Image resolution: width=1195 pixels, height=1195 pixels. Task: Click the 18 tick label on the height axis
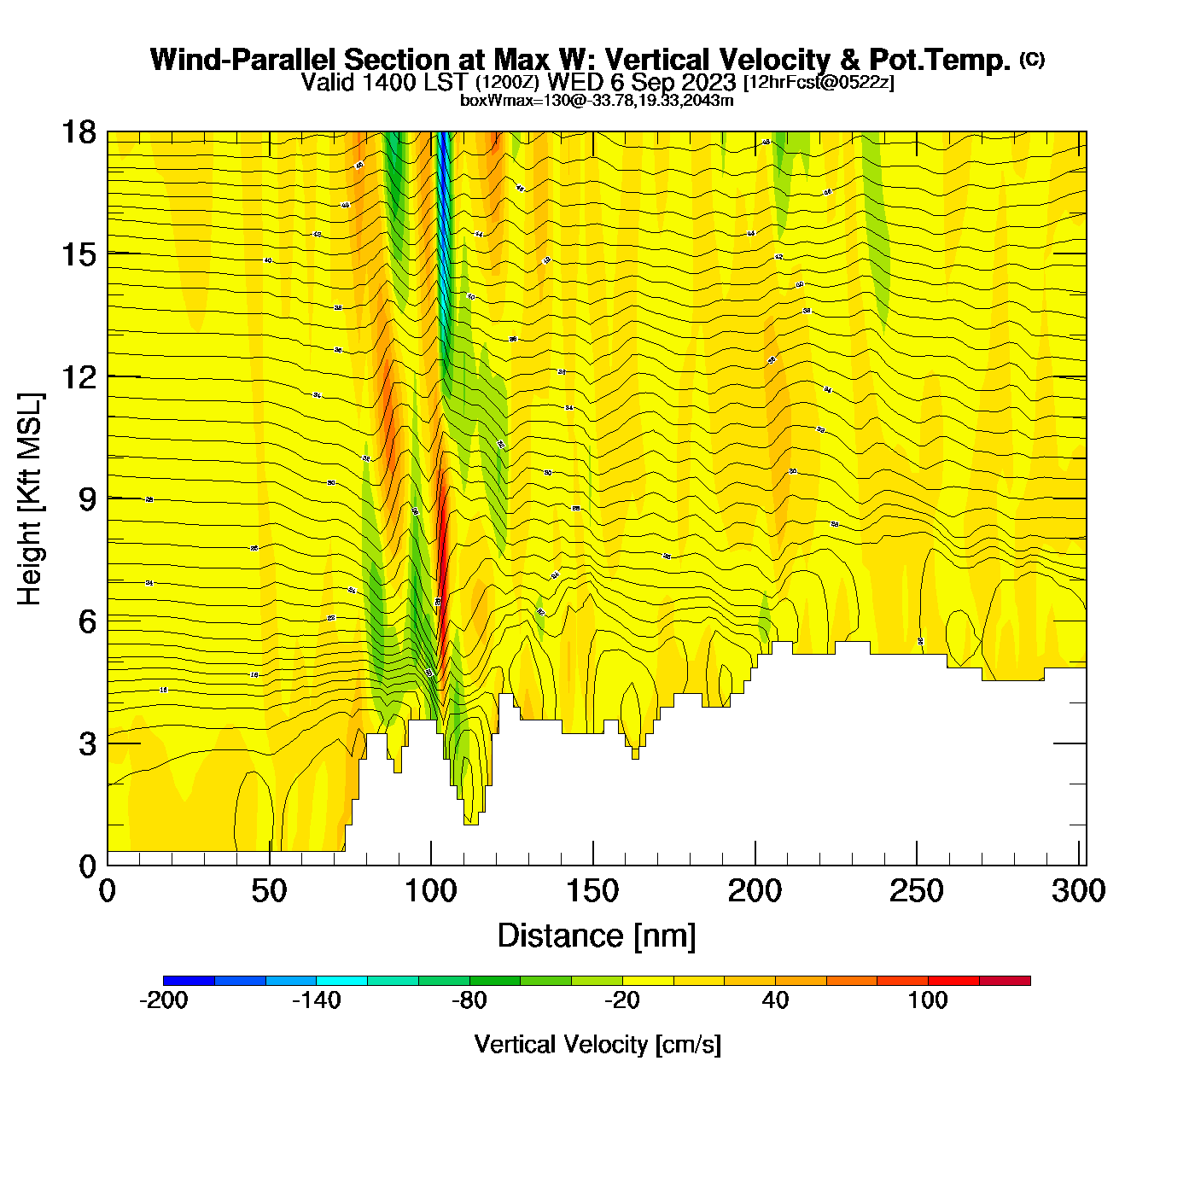78,132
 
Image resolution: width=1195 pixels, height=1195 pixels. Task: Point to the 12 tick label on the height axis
78,376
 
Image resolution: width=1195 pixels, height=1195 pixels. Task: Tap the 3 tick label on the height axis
87,743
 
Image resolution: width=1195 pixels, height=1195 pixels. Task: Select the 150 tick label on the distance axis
592,891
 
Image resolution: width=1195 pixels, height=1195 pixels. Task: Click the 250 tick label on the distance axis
917,891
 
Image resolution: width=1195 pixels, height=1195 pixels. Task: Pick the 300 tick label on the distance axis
1078,891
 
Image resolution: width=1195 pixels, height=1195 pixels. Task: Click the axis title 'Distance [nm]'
597,936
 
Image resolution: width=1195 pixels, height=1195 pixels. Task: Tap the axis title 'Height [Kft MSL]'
30,499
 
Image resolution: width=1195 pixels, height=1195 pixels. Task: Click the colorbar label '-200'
163,1000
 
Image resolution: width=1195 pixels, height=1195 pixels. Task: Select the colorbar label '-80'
469,1000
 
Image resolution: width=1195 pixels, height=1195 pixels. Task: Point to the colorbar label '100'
927,1000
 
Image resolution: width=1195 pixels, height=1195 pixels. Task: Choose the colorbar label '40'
775,1000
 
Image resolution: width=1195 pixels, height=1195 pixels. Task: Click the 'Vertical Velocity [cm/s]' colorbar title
597,1044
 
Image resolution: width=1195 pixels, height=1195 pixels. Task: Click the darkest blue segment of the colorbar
189,980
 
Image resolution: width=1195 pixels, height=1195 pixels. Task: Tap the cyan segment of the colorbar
341,980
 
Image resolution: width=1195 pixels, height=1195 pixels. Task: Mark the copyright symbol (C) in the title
1032,59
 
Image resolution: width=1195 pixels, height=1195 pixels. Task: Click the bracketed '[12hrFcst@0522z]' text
819,83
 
